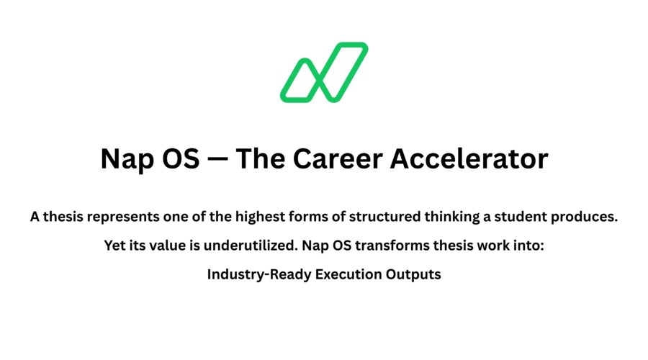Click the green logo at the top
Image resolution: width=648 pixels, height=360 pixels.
(x=324, y=72)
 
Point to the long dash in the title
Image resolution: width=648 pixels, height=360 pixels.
(x=217, y=158)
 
